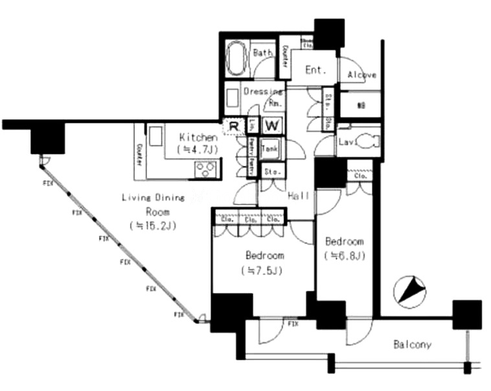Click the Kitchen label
[198, 137]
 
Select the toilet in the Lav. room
[366, 141]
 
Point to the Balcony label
[412, 345]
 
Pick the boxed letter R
[233, 124]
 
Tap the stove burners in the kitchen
[207, 170]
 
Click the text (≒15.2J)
[154, 226]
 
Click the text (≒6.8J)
[344, 255]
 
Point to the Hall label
[299, 195]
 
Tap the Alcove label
[361, 75]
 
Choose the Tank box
[270, 148]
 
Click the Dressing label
[262, 91]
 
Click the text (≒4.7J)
[198, 149]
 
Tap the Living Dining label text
[154, 198]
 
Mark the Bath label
[262, 53]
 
